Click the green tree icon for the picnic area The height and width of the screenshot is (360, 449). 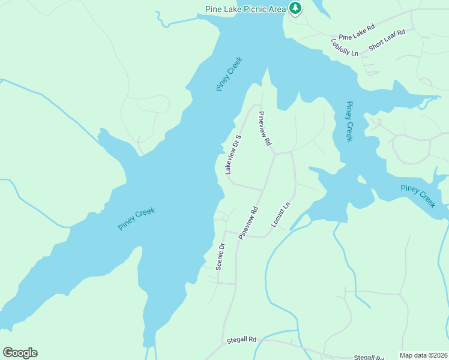tap(295, 8)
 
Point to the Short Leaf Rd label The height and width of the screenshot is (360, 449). tap(387, 40)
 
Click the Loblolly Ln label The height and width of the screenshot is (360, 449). tap(345, 47)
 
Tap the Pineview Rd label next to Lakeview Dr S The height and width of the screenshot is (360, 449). tap(265, 128)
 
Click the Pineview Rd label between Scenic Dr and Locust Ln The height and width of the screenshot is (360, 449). tap(248, 223)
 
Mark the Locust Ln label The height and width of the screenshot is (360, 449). tap(281, 214)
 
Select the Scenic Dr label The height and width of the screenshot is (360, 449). tap(220, 256)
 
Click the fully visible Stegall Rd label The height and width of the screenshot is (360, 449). tap(241, 340)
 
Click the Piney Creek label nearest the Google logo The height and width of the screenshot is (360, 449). tap(137, 219)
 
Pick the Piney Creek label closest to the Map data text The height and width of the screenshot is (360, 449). tap(418, 196)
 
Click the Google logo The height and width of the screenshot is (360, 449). tap(20, 353)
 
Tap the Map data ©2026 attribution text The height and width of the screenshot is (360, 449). tap(424, 355)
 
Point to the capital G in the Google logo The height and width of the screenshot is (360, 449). tap(8, 353)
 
